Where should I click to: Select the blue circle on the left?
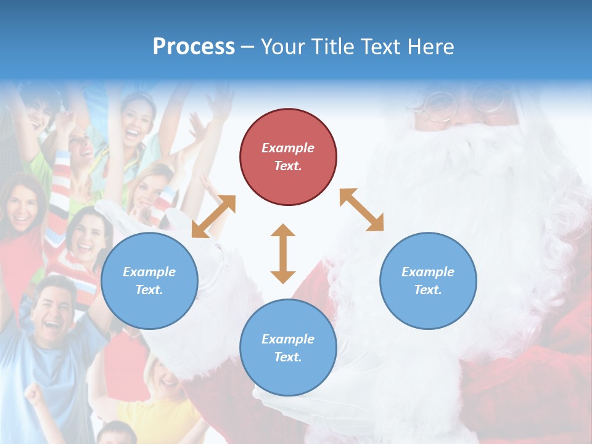(149, 281)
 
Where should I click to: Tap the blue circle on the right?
(428, 281)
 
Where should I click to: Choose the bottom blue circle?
(288, 348)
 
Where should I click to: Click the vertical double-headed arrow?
(283, 253)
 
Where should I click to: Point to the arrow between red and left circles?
(213, 216)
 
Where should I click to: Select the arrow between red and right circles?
(361, 210)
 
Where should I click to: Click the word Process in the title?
(194, 47)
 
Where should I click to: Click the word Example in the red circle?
(288, 148)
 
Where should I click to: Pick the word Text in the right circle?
(428, 290)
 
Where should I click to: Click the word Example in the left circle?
(149, 272)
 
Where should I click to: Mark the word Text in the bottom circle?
(288, 357)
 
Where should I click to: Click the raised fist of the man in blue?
(35, 395)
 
